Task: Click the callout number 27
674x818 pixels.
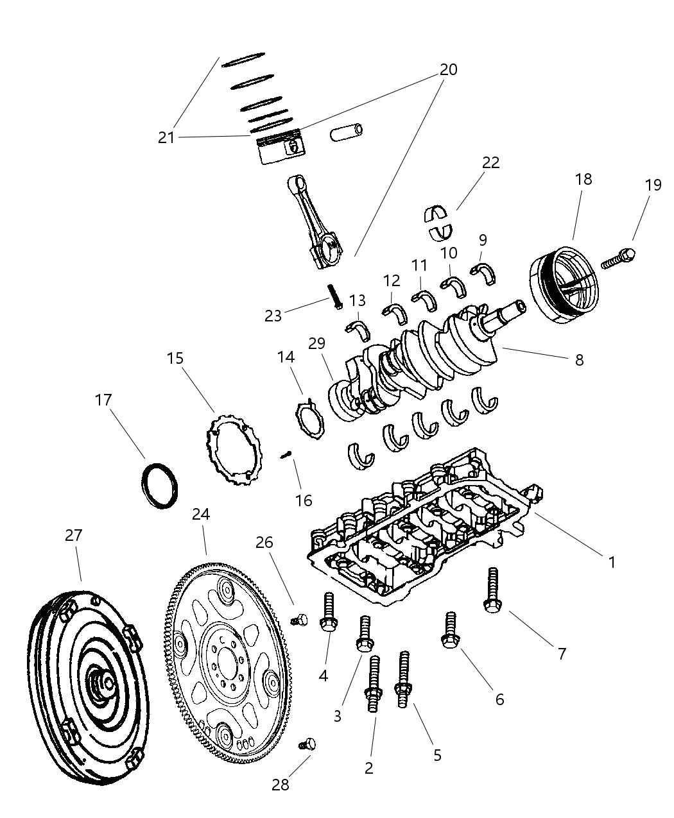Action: [74, 535]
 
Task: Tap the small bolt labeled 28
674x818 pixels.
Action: [307, 744]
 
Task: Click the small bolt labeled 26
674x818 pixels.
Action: [299, 619]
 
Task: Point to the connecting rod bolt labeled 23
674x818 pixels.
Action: [334, 296]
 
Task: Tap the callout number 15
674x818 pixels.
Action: [175, 358]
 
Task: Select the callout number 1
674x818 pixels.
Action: [612, 562]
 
